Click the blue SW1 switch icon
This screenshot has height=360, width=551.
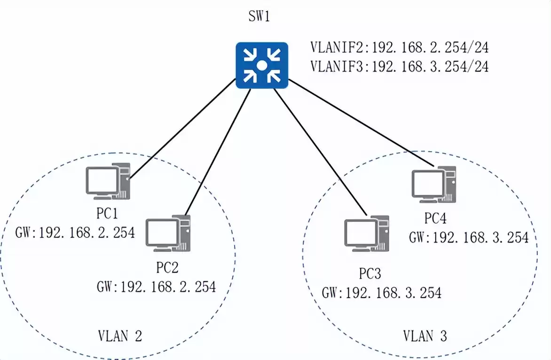point(261,65)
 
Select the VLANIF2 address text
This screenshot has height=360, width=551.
point(399,48)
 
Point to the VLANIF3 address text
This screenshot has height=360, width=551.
point(399,67)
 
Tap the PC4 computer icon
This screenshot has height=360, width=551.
point(434,183)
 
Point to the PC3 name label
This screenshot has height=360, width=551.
point(370,274)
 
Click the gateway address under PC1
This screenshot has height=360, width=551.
point(75,232)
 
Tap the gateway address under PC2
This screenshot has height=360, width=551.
point(156,286)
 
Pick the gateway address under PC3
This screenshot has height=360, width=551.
point(382,293)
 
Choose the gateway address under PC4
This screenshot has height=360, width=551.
point(469,237)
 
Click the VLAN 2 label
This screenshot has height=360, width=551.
point(120,336)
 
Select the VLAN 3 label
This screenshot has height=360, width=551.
point(425,336)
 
